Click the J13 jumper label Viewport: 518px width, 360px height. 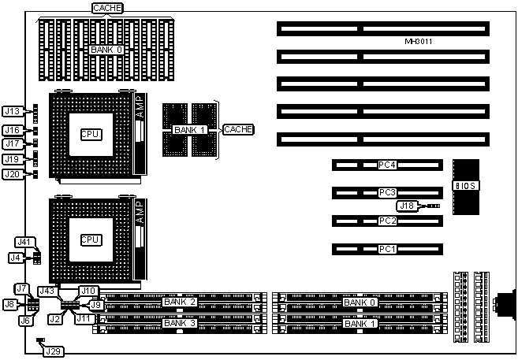[13, 111]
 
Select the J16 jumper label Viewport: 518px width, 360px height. [13, 130]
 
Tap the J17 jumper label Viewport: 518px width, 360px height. [13, 144]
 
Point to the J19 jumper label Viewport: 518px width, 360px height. [13, 159]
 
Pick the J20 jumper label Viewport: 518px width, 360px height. [13, 174]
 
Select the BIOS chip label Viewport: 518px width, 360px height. [465, 186]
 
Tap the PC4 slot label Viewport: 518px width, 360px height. [386, 165]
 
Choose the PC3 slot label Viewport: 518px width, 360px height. [386, 192]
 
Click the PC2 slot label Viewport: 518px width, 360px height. [386, 221]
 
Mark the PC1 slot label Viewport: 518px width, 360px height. [386, 250]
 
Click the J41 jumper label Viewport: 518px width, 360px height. [25, 242]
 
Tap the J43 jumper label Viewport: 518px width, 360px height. [47, 291]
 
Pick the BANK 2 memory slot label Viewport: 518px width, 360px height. [178, 302]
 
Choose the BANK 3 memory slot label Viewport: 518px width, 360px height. [178, 323]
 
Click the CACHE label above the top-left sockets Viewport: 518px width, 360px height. [106, 8]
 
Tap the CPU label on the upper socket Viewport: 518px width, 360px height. [91, 134]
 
